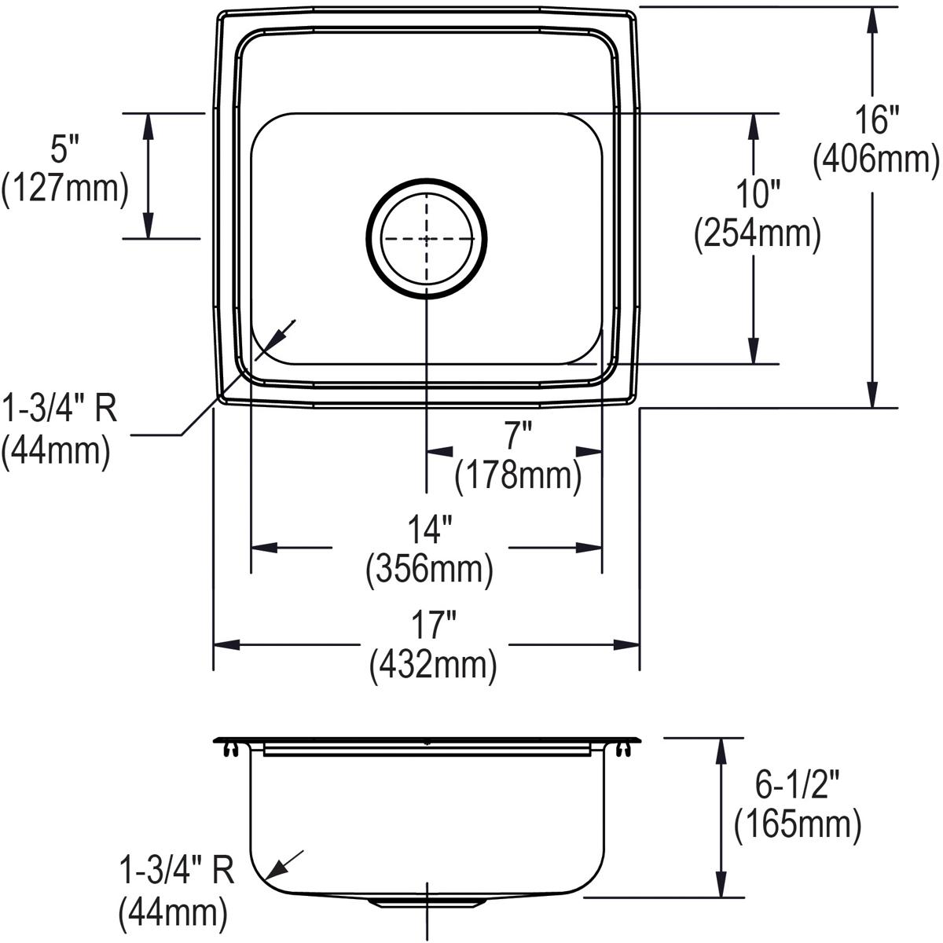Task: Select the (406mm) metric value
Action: (876, 160)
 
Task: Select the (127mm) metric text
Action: (64, 190)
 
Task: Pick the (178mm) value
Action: (518, 475)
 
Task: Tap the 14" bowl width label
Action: (429, 531)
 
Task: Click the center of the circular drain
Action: (427, 237)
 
